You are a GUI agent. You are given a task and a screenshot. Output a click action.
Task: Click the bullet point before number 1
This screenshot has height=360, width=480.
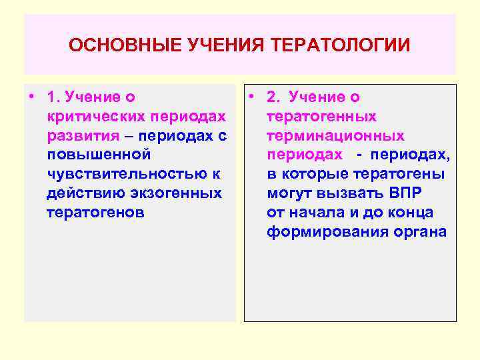pos(31,97)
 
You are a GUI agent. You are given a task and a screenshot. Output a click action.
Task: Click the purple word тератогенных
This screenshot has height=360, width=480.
pos(321,117)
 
